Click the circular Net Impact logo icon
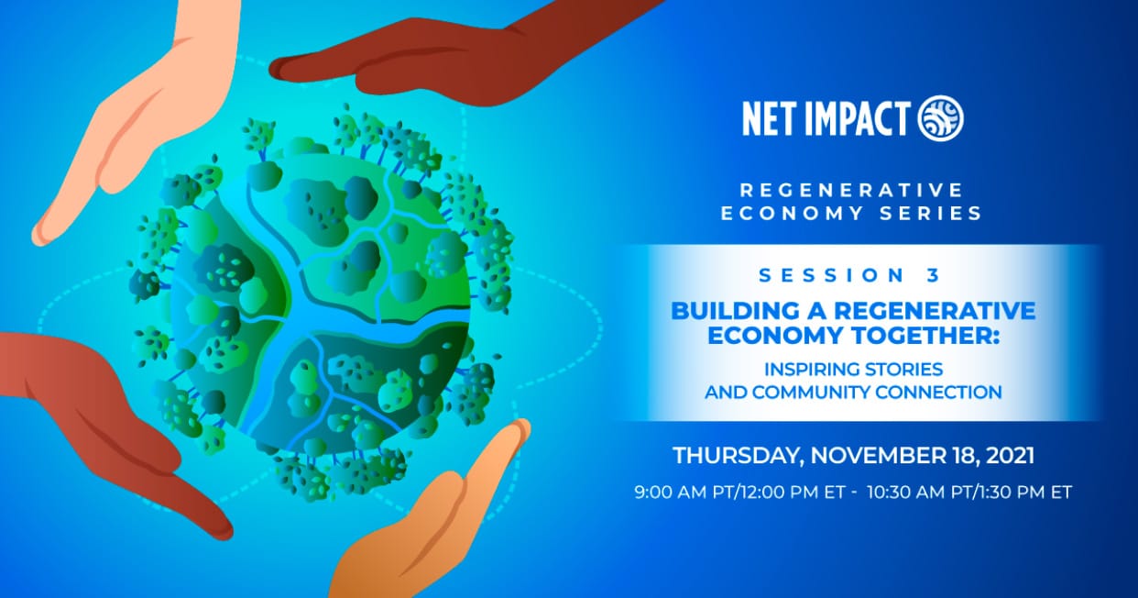click(940, 118)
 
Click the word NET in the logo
click(769, 119)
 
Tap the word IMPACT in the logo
click(857, 119)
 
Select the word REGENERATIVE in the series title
click(851, 190)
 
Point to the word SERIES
click(931, 214)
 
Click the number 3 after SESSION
click(934, 275)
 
